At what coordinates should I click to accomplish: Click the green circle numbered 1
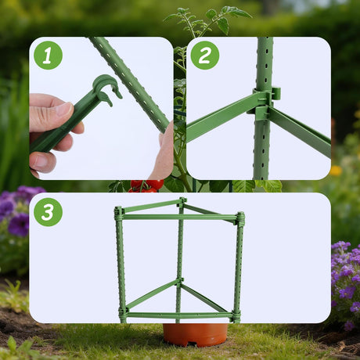tap(48, 56)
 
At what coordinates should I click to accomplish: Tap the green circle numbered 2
tap(205, 56)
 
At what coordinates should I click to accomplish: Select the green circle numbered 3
tap(48, 212)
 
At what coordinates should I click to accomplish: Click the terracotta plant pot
tap(195, 335)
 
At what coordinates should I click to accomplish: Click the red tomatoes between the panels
tap(146, 186)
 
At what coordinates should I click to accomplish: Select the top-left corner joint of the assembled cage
tap(118, 214)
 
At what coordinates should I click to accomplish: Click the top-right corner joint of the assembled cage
tap(240, 218)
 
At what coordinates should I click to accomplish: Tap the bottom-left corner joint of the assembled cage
tap(124, 313)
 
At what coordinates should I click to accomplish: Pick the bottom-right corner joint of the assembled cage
tap(236, 316)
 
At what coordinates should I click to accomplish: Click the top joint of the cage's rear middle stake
tap(182, 202)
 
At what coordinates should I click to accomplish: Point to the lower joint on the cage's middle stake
tap(179, 283)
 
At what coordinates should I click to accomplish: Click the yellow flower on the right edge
tap(336, 171)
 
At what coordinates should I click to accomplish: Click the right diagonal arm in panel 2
tap(300, 131)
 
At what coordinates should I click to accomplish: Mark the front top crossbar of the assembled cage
tap(180, 217)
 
